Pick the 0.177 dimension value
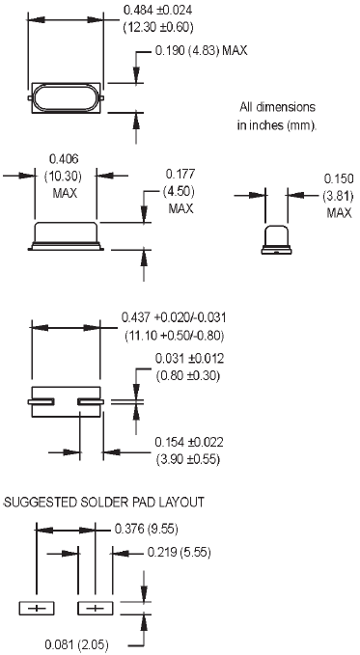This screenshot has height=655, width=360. (180, 175)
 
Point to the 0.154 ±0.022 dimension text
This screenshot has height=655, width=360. (189, 442)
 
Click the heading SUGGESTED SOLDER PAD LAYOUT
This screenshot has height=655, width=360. (103, 503)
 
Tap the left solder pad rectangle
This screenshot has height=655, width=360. (39, 608)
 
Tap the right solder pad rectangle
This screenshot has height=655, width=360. (95, 608)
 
